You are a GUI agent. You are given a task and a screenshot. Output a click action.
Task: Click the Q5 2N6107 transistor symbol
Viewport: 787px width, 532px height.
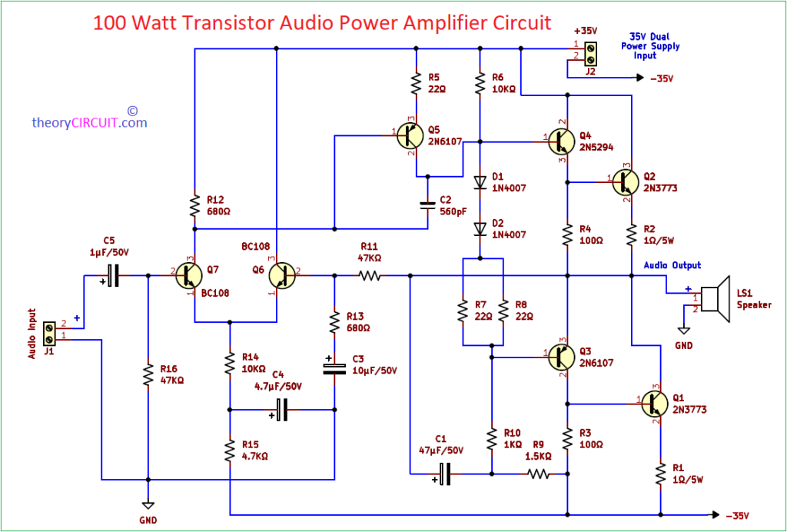pos(410,136)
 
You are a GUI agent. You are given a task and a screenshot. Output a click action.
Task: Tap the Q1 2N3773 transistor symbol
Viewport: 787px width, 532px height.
pos(656,402)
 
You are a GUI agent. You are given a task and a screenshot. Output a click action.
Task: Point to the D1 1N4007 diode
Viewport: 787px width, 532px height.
pos(480,182)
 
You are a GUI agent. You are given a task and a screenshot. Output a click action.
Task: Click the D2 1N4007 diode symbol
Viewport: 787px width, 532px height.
pos(480,228)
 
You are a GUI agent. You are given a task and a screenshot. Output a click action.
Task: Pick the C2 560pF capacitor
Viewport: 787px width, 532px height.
pos(428,205)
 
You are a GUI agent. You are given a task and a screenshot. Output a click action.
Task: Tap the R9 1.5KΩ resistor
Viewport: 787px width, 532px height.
pos(538,474)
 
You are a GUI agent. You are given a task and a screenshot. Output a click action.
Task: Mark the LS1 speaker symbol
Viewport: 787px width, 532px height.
pos(716,298)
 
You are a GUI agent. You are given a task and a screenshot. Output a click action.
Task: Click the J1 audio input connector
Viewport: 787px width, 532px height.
pos(49,333)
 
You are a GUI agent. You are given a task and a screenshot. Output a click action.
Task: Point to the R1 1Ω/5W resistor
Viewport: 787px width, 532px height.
pos(659,474)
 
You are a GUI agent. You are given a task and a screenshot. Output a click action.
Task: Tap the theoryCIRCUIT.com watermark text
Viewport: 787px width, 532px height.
pos(89,122)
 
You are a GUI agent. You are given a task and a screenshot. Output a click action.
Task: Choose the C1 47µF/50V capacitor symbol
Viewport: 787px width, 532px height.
pos(444,474)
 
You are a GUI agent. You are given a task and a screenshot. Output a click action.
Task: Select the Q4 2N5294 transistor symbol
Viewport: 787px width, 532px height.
pos(563,141)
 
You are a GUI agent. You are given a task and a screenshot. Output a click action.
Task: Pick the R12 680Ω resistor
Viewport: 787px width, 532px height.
pos(195,206)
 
